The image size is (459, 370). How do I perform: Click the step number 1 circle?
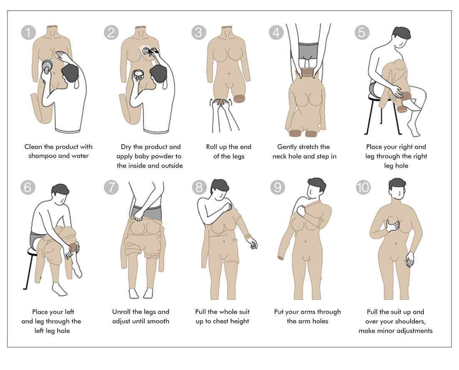point(28,33)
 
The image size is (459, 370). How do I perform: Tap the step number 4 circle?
point(276,32)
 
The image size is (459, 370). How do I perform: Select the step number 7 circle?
point(111,187)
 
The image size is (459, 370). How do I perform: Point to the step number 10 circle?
point(363,187)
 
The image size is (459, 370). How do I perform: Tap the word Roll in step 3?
point(212,147)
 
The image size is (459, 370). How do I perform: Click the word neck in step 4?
point(280,156)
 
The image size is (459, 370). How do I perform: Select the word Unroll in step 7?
point(121,312)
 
